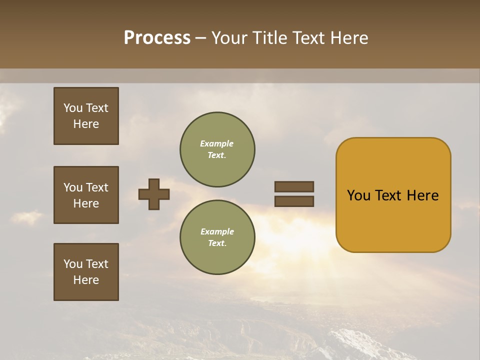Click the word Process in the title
pyautogui.click(x=157, y=38)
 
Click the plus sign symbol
pyautogui.click(x=154, y=194)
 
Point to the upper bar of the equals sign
pyautogui.click(x=294, y=186)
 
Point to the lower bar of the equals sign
pyautogui.click(x=294, y=201)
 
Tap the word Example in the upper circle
pyautogui.click(x=217, y=143)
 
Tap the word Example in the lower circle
pyautogui.click(x=217, y=231)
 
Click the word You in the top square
pyautogui.click(x=73, y=108)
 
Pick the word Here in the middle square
pyautogui.click(x=86, y=203)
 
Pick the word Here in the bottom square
pyautogui.click(x=86, y=280)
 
